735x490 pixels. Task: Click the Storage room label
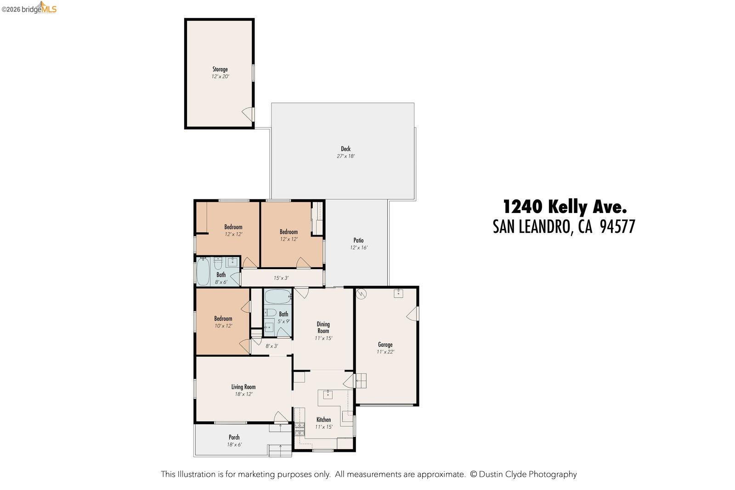pyautogui.click(x=220, y=69)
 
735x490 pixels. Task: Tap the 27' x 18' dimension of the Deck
pyautogui.click(x=345, y=156)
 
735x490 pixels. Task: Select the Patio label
pyautogui.click(x=358, y=240)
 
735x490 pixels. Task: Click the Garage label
pyautogui.click(x=385, y=344)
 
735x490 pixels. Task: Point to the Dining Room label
pyautogui.click(x=323, y=327)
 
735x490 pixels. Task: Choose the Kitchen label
pyautogui.click(x=323, y=420)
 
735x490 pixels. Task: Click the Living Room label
pyautogui.click(x=243, y=387)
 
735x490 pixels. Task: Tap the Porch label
pyautogui.click(x=234, y=437)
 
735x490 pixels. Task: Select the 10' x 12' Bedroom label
pyautogui.click(x=223, y=319)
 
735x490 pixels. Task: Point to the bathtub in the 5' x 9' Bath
pyautogui.click(x=278, y=296)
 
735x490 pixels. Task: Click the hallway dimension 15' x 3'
pyautogui.click(x=281, y=278)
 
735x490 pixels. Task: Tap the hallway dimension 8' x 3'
pyautogui.click(x=271, y=346)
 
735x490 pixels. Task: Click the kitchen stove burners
pyautogui.click(x=300, y=429)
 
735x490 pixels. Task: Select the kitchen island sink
pyautogui.click(x=328, y=394)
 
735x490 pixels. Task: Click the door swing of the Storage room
pyautogui.click(x=248, y=113)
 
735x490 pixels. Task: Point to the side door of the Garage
pyautogui.click(x=413, y=314)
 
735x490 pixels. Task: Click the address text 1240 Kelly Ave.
pyautogui.click(x=565, y=207)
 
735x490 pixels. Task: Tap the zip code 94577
pyautogui.click(x=617, y=227)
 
